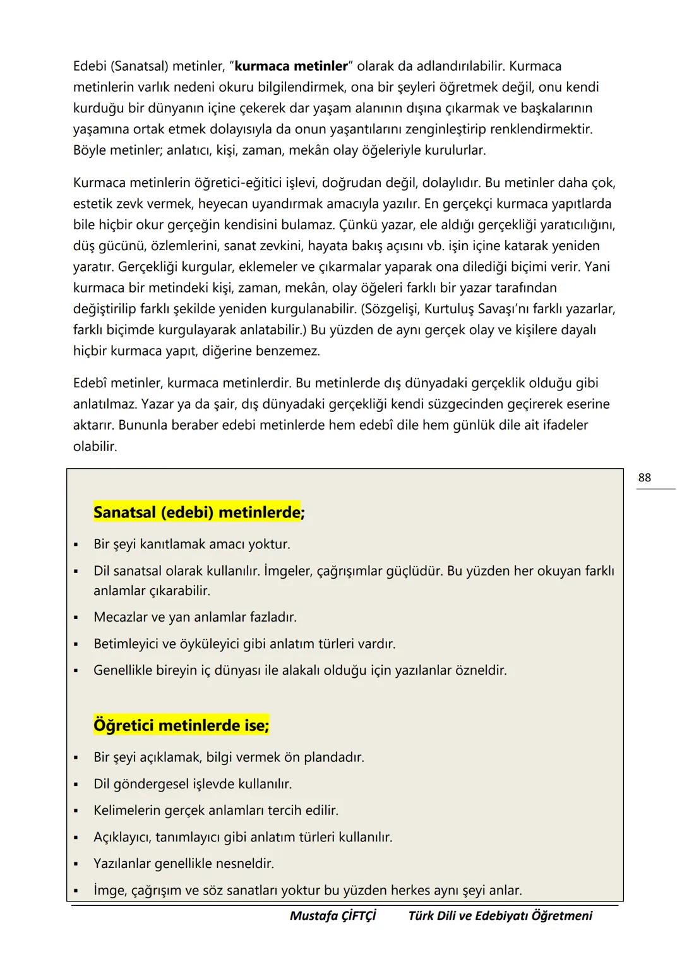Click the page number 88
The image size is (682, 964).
point(644,478)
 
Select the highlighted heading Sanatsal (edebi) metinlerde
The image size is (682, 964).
point(196,512)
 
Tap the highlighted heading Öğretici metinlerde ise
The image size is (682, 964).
point(181,725)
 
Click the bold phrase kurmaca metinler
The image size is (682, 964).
point(291,66)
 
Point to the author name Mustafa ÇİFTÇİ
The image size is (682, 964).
point(333,915)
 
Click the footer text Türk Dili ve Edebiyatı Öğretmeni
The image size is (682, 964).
point(500,915)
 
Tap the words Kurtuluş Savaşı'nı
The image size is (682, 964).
point(479,309)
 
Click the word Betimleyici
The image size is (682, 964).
point(126,644)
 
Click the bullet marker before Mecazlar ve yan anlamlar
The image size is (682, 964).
point(76,617)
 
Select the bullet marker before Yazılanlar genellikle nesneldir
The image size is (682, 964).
point(76,864)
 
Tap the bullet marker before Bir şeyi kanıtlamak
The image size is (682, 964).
point(76,545)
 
